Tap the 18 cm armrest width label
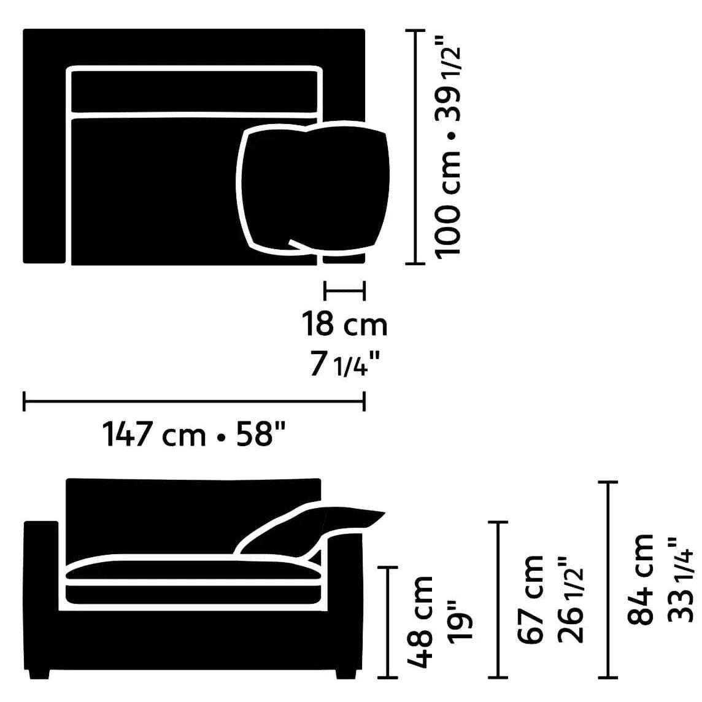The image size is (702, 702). coord(344,324)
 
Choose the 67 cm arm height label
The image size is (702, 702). coord(531,598)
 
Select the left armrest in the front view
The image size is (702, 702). coord(41,589)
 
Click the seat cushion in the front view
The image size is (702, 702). coord(193,571)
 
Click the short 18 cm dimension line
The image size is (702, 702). coord(344,290)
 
